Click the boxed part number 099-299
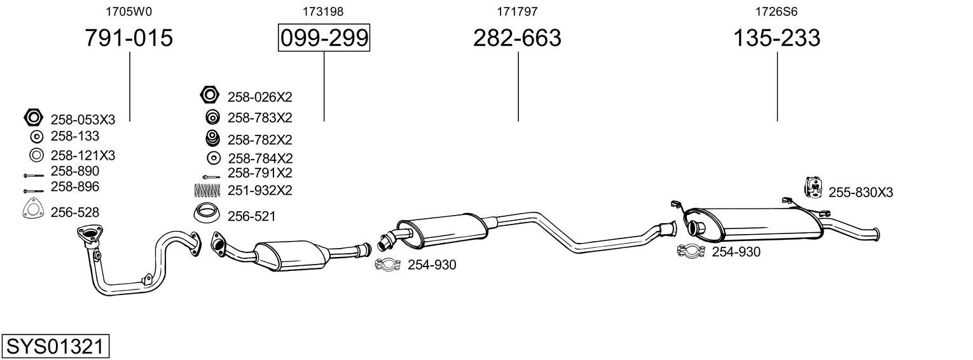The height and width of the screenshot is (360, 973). pos(324,38)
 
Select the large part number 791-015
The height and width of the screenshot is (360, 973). pos(129,38)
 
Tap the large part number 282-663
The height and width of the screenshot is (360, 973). pos(517,38)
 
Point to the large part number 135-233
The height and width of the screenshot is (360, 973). pos(776,38)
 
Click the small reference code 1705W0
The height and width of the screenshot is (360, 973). pos(129,11)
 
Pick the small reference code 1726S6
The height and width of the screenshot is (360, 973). pos(776,11)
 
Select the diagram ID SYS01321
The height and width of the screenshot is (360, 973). pos(55,347)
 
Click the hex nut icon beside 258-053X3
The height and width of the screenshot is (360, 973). pos(33,118)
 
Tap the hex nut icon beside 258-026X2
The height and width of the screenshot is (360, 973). pos(210,95)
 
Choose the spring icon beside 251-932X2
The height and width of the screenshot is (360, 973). pos(207,190)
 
